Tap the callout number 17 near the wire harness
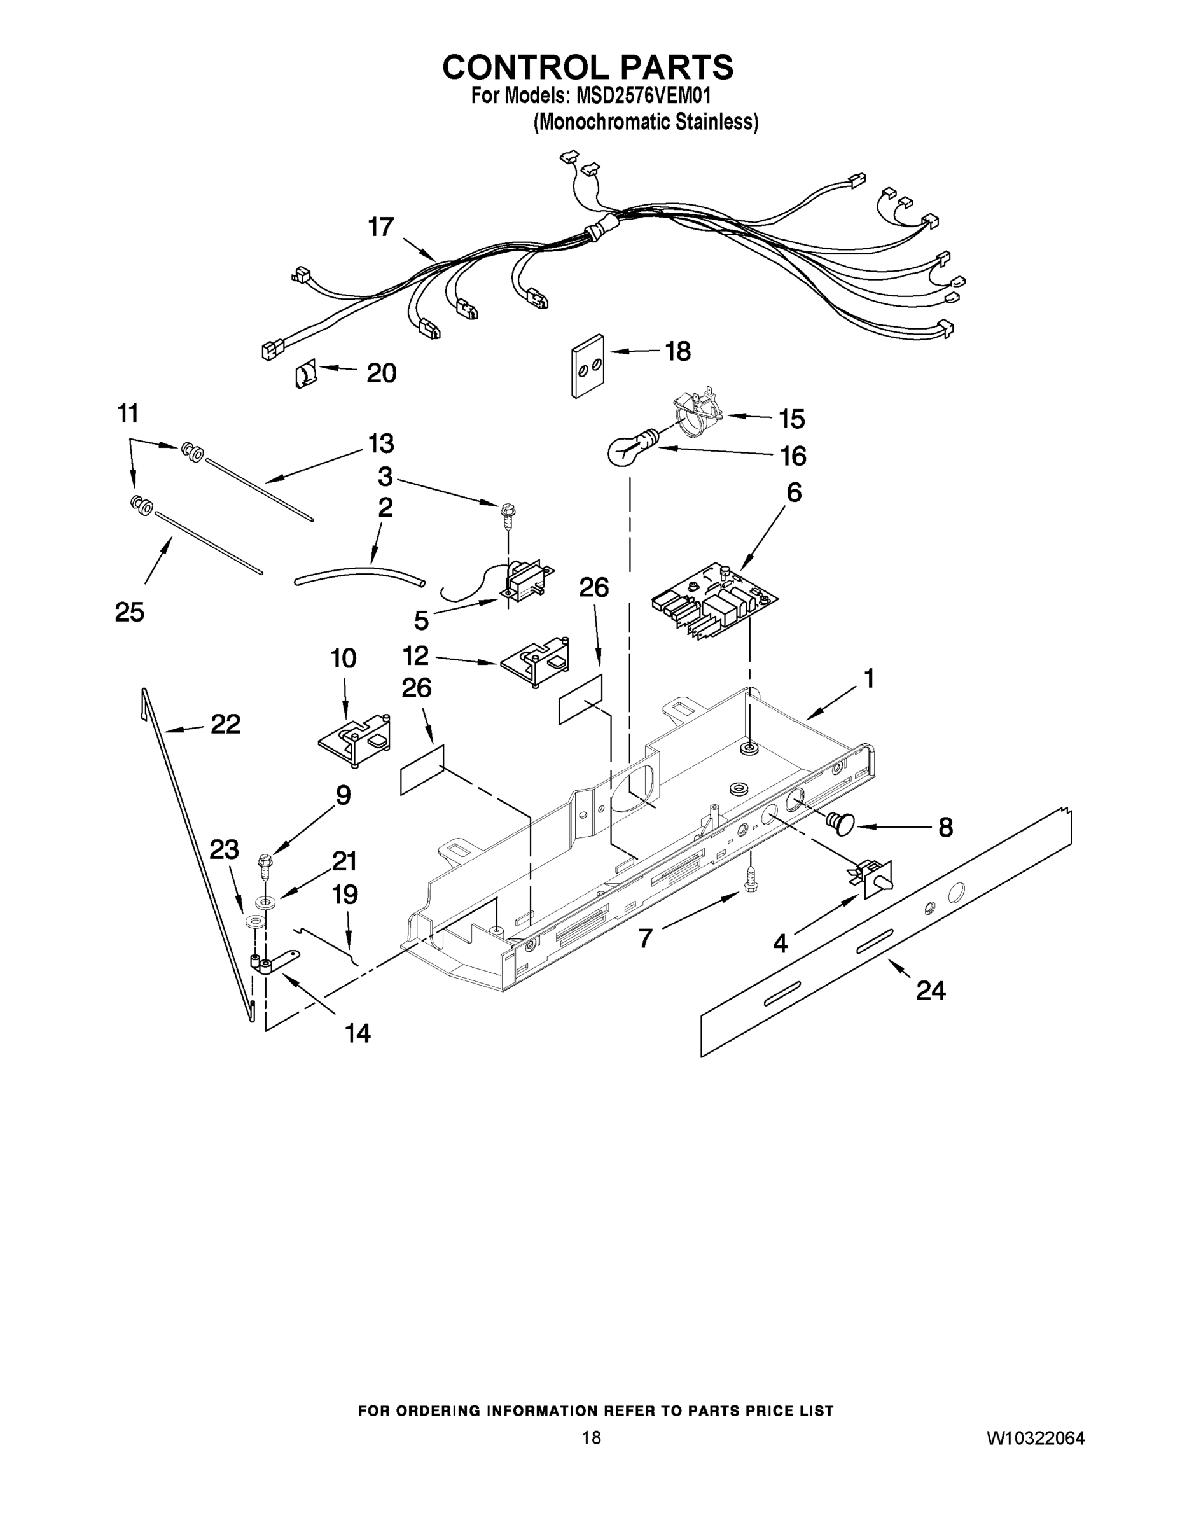coord(381,227)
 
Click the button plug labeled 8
coord(842,824)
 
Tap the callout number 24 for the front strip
coord(931,990)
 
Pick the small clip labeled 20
coord(305,374)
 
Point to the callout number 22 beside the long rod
coord(225,724)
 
